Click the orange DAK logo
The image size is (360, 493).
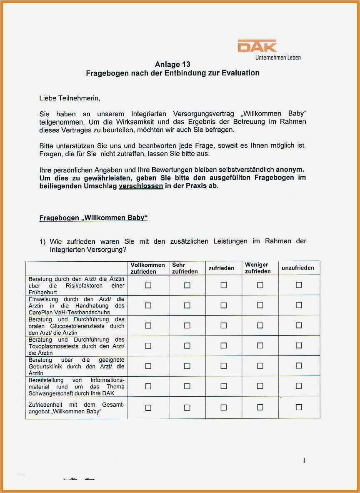tap(257, 46)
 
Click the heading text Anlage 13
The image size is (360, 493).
tap(172, 65)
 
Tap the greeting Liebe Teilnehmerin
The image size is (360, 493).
tap(70, 98)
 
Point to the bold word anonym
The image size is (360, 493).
tap(290, 170)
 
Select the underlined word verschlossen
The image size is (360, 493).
tap(141, 186)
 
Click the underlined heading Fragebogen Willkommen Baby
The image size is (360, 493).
tap(93, 218)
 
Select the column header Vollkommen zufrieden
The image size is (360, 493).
tap(148, 268)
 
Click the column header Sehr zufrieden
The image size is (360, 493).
tap(185, 268)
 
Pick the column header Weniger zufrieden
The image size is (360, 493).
tap(257, 268)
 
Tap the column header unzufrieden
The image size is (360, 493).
tap(298, 268)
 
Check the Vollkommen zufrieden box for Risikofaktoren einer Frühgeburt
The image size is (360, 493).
tap(148, 285)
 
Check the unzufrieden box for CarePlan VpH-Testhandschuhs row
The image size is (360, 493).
tap(299, 305)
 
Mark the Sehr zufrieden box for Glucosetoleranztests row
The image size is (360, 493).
tap(187, 325)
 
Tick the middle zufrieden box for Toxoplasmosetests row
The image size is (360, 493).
tap(224, 345)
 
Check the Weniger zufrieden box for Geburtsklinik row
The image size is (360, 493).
tap(260, 366)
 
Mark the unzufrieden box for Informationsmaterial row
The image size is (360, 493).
tap(299, 386)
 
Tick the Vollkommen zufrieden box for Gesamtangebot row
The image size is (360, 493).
tap(148, 408)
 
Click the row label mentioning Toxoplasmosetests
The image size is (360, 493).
tap(76, 346)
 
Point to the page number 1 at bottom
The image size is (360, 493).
tap(304, 460)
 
